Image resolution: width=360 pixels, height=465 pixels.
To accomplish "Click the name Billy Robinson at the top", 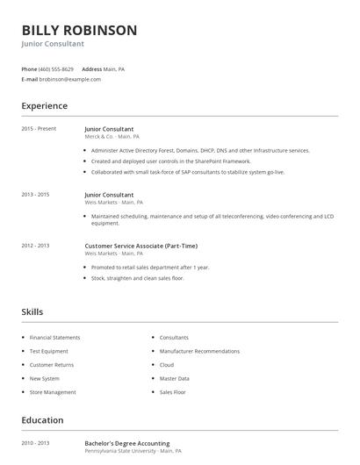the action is coord(79,30).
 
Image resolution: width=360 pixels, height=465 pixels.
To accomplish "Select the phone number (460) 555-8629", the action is coord(57,68).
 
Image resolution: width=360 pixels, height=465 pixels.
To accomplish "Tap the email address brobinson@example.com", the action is coord(71,79).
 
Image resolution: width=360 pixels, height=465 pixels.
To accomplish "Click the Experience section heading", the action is coord(45,106).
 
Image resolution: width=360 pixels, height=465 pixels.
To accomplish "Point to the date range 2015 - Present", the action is coord(39,128).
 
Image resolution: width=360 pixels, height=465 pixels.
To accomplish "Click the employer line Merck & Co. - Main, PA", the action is coord(112,137).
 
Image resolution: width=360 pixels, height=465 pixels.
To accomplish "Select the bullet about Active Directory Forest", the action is coord(200,151).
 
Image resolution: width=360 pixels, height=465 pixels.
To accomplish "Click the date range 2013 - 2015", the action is coord(35,195).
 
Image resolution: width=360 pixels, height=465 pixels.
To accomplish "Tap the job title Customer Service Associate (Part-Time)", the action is coord(140,246).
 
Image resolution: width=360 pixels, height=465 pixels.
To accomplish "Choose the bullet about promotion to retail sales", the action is coord(150,267).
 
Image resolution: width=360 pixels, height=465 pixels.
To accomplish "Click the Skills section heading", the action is coord(32,311).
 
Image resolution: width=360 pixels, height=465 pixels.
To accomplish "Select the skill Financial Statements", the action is coord(54,338).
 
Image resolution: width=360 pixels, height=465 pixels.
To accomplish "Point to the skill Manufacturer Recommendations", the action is coord(199,351).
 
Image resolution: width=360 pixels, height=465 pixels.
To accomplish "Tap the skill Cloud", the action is coord(167,365).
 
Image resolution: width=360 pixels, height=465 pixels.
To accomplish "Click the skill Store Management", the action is coord(53,392).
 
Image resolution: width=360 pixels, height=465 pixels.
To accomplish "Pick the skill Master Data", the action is coord(175,378).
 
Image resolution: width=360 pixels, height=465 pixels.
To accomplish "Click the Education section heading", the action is coord(42,420).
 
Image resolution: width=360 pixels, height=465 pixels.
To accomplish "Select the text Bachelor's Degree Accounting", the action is coord(127,443).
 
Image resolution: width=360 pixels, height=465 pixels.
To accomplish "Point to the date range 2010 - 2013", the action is coord(35,443).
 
